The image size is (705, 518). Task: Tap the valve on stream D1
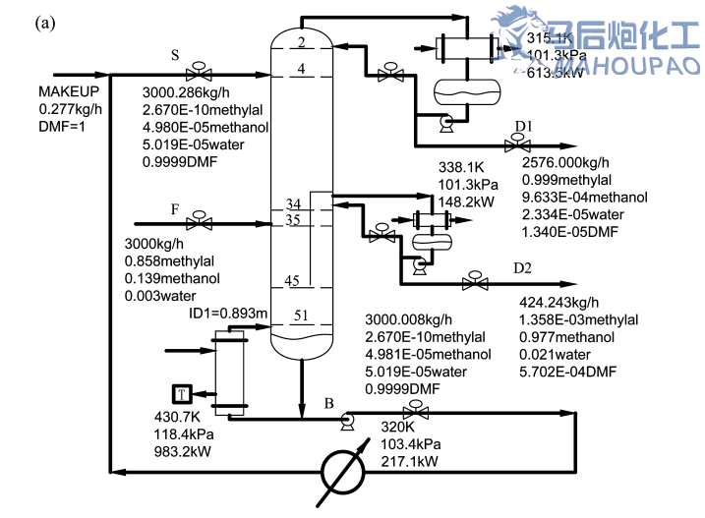pos(512,145)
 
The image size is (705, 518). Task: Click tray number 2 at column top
pos(302,40)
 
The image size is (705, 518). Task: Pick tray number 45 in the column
pos(292,281)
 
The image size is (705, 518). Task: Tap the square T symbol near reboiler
pos(181,394)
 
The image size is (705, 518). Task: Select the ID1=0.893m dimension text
pos(227,314)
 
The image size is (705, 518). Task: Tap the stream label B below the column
pos(328,402)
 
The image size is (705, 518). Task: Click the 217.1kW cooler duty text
pos(409,460)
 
